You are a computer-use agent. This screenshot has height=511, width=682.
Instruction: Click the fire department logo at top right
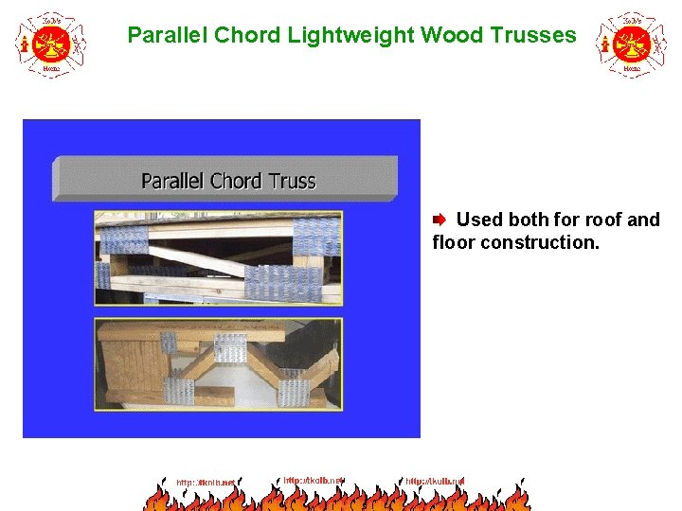631,44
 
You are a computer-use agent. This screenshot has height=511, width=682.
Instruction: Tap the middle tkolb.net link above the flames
312,481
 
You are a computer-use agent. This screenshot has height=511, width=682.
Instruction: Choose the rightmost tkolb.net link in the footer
435,482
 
